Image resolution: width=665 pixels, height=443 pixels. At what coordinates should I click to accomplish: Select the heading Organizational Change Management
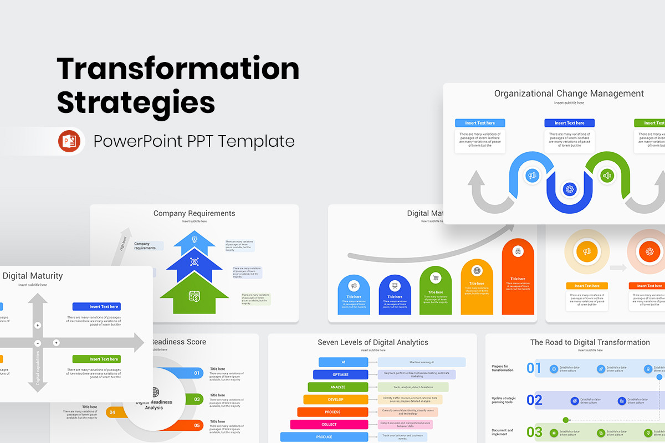[x=569, y=94]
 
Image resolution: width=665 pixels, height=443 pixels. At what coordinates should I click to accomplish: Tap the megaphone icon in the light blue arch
[x=532, y=176]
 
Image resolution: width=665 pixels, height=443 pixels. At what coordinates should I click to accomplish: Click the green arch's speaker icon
[x=607, y=176]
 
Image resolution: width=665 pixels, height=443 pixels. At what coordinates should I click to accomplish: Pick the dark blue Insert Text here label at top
[x=569, y=123]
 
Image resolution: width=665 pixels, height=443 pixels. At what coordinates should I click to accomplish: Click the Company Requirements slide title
[x=194, y=213]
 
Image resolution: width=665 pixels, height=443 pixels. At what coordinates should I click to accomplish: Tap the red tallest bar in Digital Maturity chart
[x=518, y=277]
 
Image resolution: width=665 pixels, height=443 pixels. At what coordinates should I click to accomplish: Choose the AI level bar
[x=343, y=362]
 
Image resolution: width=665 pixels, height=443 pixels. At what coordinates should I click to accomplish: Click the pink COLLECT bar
[x=329, y=425]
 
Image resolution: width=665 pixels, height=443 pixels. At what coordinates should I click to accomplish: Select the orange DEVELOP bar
[x=335, y=399]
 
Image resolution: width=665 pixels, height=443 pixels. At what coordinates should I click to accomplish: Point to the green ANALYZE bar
[x=338, y=387]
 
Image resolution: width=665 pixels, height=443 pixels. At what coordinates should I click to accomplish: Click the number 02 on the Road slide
[x=534, y=400]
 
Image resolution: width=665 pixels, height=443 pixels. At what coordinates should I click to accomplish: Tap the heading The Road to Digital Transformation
[x=590, y=342]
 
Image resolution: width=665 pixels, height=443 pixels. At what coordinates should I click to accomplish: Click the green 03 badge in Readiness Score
[x=197, y=399]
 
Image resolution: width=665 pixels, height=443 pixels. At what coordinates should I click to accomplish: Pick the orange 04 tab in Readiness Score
[x=112, y=412]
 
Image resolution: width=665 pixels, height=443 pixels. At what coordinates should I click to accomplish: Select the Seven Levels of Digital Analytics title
[x=372, y=342]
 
